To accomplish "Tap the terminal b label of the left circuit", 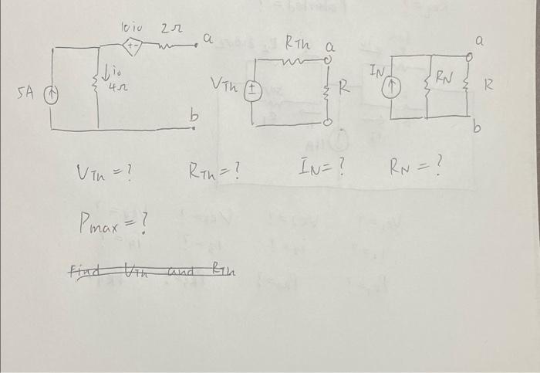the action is [x=195, y=116].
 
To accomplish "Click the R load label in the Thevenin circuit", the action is [x=343, y=88].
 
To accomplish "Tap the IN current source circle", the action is [x=393, y=87].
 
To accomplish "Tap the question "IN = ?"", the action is [x=319, y=164].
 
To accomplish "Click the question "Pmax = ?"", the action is [x=113, y=223].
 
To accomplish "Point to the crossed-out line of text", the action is [x=151, y=270].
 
